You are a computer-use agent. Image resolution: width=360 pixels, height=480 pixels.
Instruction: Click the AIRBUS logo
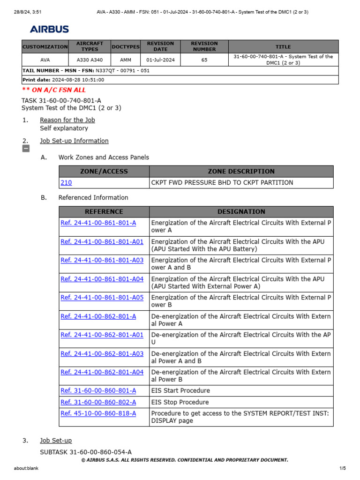(x=49, y=29)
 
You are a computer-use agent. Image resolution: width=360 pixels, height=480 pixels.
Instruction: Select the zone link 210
(x=66, y=183)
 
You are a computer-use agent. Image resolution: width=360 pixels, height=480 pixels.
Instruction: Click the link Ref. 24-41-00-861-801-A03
(x=102, y=260)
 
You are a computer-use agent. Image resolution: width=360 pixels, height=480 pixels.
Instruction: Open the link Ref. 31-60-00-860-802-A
(x=98, y=402)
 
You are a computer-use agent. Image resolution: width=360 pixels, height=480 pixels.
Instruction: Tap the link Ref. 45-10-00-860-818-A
(x=98, y=413)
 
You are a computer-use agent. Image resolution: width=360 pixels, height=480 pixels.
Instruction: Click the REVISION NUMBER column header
(x=204, y=46)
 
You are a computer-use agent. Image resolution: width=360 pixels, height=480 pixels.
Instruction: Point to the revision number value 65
(x=204, y=60)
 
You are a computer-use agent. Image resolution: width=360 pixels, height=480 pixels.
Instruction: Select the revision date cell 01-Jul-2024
(x=160, y=60)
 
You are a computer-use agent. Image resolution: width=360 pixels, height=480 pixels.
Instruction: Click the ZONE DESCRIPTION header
(x=241, y=172)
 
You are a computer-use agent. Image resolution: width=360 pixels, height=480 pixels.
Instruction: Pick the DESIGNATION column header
(x=241, y=212)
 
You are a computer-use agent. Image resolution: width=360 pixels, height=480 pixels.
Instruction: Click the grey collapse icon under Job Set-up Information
(x=26, y=149)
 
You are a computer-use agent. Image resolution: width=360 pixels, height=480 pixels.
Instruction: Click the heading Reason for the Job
(x=67, y=120)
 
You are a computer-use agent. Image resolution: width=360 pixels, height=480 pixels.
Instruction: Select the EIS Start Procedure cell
(x=180, y=391)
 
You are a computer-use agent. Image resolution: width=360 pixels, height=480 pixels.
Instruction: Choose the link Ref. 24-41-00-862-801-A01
(x=102, y=335)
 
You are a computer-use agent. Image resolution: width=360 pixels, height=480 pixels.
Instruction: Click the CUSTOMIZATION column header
(x=45, y=47)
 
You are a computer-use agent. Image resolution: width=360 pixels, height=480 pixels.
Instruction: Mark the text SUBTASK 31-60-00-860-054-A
(x=86, y=452)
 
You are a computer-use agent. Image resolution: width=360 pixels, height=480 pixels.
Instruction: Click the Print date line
(x=63, y=80)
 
